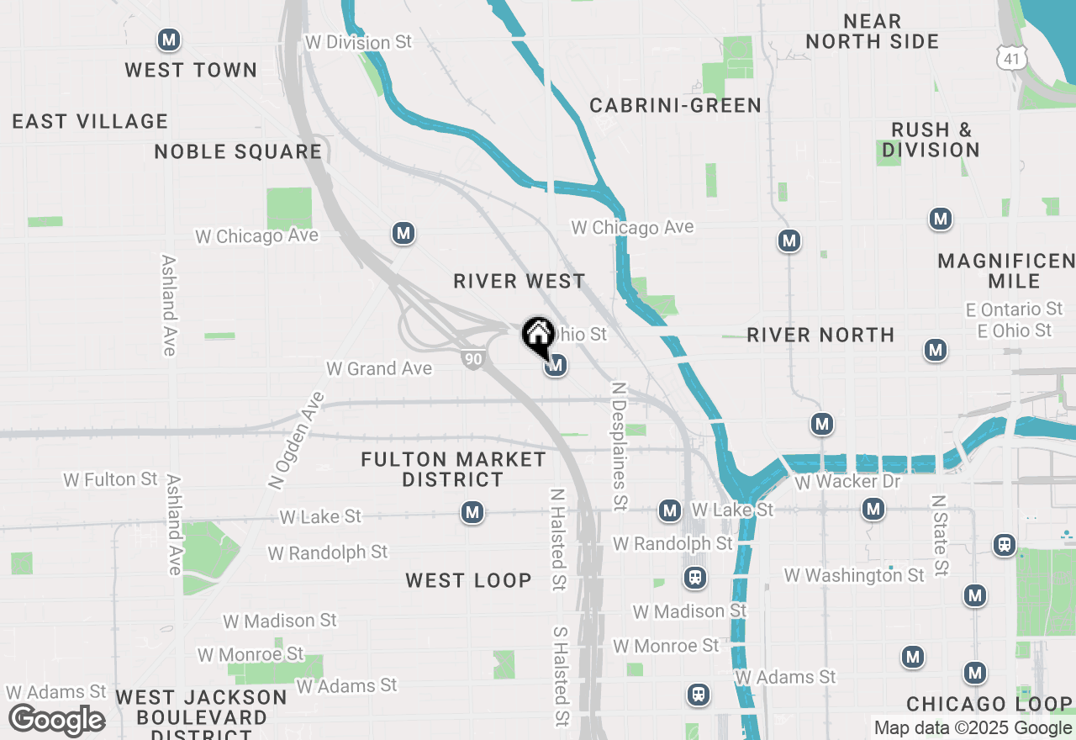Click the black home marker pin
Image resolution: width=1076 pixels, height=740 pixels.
(537, 335)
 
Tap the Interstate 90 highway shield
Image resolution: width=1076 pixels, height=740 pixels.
(472, 359)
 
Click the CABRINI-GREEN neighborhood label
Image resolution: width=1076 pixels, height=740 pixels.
(675, 105)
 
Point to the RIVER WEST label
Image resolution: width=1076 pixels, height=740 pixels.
(519, 281)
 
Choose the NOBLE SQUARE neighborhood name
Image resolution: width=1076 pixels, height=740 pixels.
(238, 151)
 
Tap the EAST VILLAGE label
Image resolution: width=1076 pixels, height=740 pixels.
(90, 121)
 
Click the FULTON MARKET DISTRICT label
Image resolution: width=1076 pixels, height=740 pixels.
(453, 469)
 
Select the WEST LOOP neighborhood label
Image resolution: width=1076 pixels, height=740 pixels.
(468, 580)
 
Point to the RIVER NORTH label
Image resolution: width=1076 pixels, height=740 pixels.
(820, 335)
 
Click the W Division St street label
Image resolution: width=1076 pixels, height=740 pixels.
(358, 42)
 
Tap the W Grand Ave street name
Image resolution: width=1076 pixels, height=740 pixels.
(378, 368)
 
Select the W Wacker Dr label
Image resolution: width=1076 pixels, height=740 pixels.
(847, 482)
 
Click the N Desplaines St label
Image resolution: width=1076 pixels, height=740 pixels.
(620, 447)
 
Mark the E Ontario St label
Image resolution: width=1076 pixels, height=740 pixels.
(1014, 309)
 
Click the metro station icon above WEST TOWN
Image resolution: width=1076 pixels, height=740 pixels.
(170, 40)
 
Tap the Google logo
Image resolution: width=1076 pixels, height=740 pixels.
(56, 721)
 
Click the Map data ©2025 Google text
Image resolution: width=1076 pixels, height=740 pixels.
(973, 728)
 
